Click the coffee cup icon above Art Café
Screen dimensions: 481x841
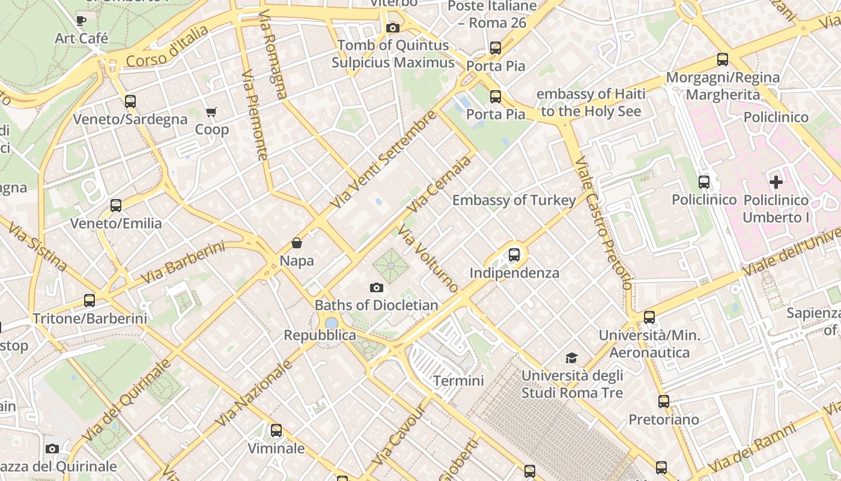pos(81,20)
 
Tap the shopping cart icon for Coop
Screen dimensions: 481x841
pos(211,112)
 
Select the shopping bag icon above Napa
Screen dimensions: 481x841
pos(297,243)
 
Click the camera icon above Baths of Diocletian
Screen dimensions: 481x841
pos(377,287)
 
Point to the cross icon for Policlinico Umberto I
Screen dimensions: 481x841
pos(776,182)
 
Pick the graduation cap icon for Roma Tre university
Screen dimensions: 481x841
pos(572,358)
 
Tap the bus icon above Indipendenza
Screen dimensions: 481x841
pos(514,254)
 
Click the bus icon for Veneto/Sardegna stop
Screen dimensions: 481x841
pos(130,101)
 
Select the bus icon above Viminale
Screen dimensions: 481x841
pos(276,430)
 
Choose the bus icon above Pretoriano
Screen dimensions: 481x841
pos(664,401)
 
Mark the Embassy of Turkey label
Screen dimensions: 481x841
pos(514,200)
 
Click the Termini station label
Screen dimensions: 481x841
pos(458,381)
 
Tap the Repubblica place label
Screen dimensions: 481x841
pos(320,335)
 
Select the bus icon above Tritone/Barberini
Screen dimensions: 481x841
pos(90,300)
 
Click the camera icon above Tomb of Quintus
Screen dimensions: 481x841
pos(393,28)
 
